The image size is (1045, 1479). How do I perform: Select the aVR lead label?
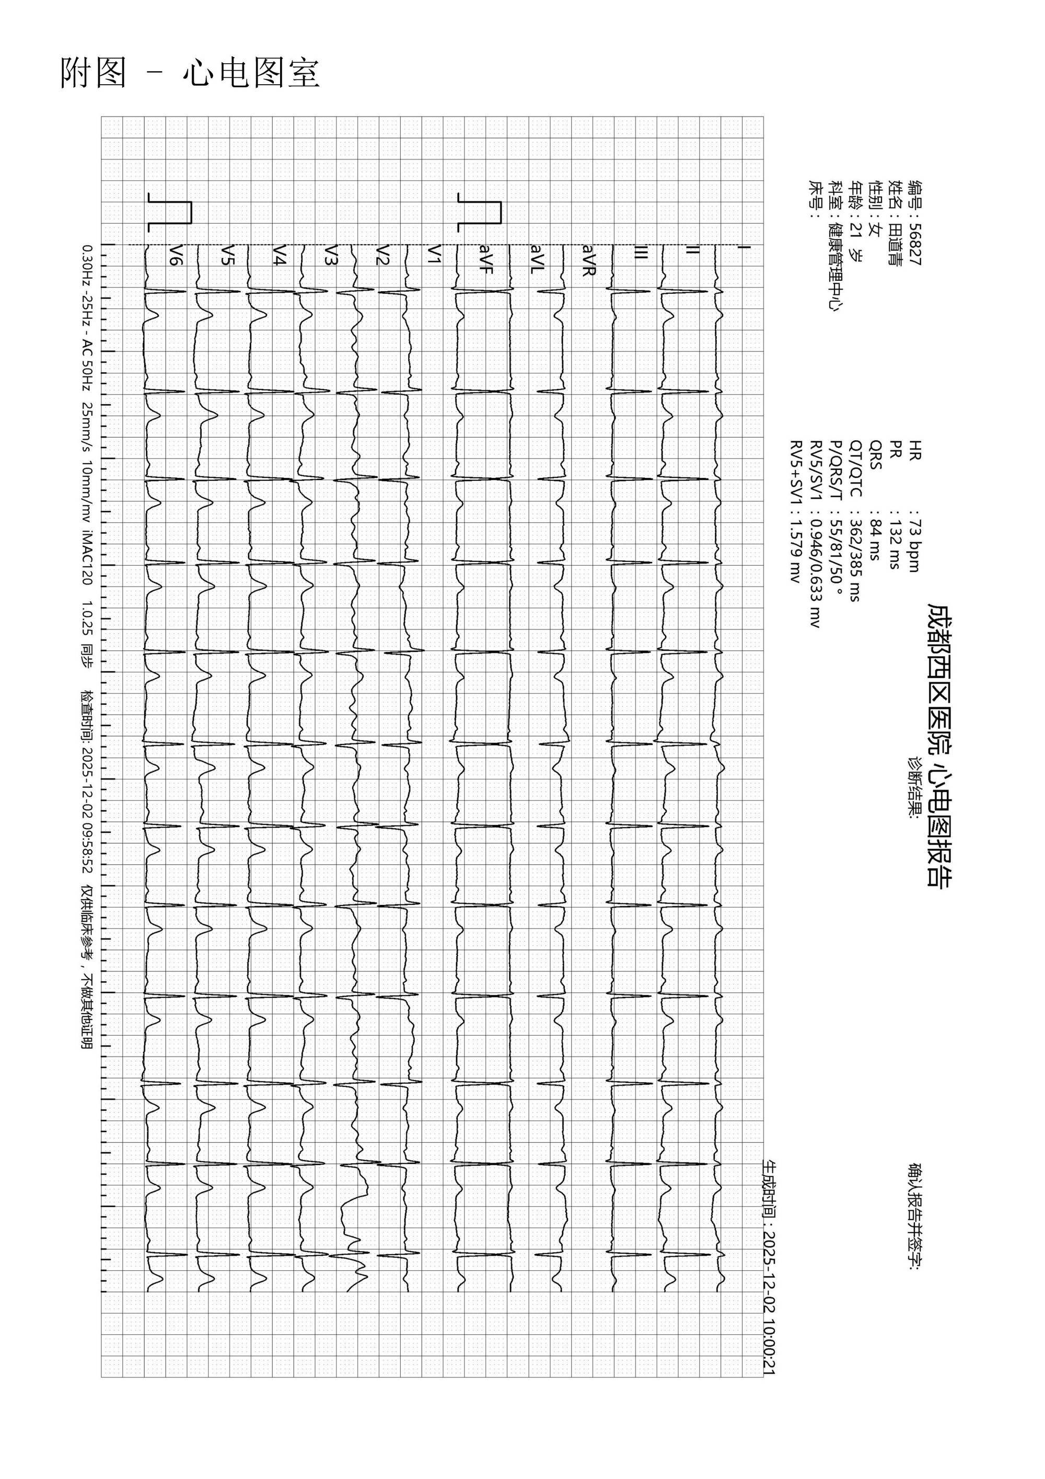click(588, 259)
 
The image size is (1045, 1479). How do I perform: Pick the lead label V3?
click(330, 255)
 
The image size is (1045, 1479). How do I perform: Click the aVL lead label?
click(537, 259)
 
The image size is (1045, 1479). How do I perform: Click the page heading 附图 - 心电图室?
click(190, 73)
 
